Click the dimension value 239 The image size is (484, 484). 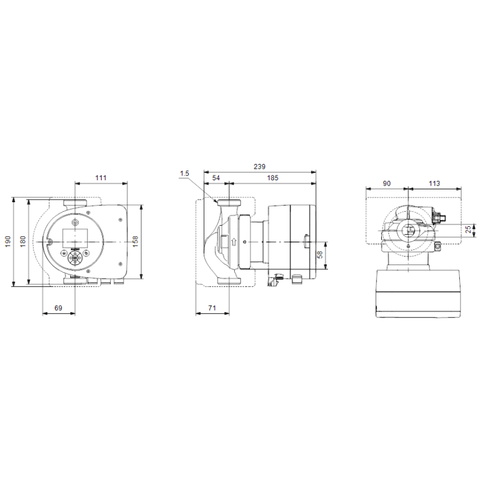tap(260, 167)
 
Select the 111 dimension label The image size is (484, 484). tap(101, 178)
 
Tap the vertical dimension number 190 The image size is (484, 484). tap(8, 241)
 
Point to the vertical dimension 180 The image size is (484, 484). tap(23, 241)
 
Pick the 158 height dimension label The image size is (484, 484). tap(135, 241)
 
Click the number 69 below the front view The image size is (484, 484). tap(58, 308)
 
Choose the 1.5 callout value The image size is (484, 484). tap(185, 174)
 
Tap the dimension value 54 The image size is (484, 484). tap(216, 178)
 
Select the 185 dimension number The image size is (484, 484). tap(273, 178)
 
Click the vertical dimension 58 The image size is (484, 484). tap(320, 255)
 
